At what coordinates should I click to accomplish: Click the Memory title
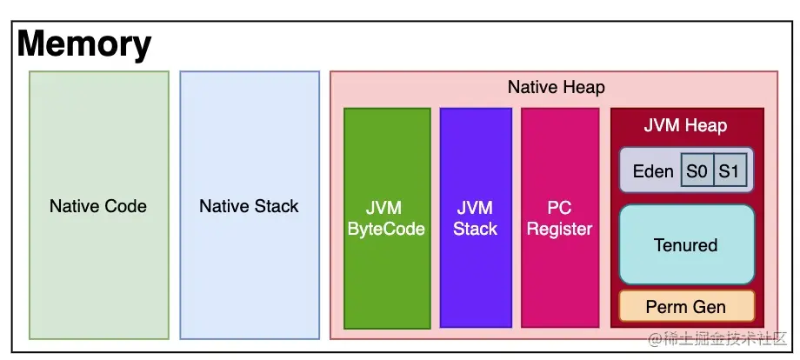click(x=84, y=43)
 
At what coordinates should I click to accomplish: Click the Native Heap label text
click(x=556, y=88)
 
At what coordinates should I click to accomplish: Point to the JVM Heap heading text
click(x=685, y=125)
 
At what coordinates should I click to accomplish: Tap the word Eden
click(x=652, y=170)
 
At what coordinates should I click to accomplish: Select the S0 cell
click(x=697, y=170)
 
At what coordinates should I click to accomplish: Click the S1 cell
click(x=728, y=170)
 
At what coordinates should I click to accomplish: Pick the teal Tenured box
click(x=686, y=245)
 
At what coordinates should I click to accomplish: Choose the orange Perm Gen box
click(x=686, y=307)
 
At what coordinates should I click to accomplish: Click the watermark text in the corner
click(x=715, y=338)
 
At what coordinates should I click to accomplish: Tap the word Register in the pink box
click(x=560, y=230)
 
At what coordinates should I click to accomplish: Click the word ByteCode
click(x=387, y=230)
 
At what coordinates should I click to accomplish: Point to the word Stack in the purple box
click(x=476, y=230)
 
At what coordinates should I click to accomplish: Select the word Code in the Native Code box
click(x=127, y=207)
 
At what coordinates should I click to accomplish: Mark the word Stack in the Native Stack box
click(x=276, y=207)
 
